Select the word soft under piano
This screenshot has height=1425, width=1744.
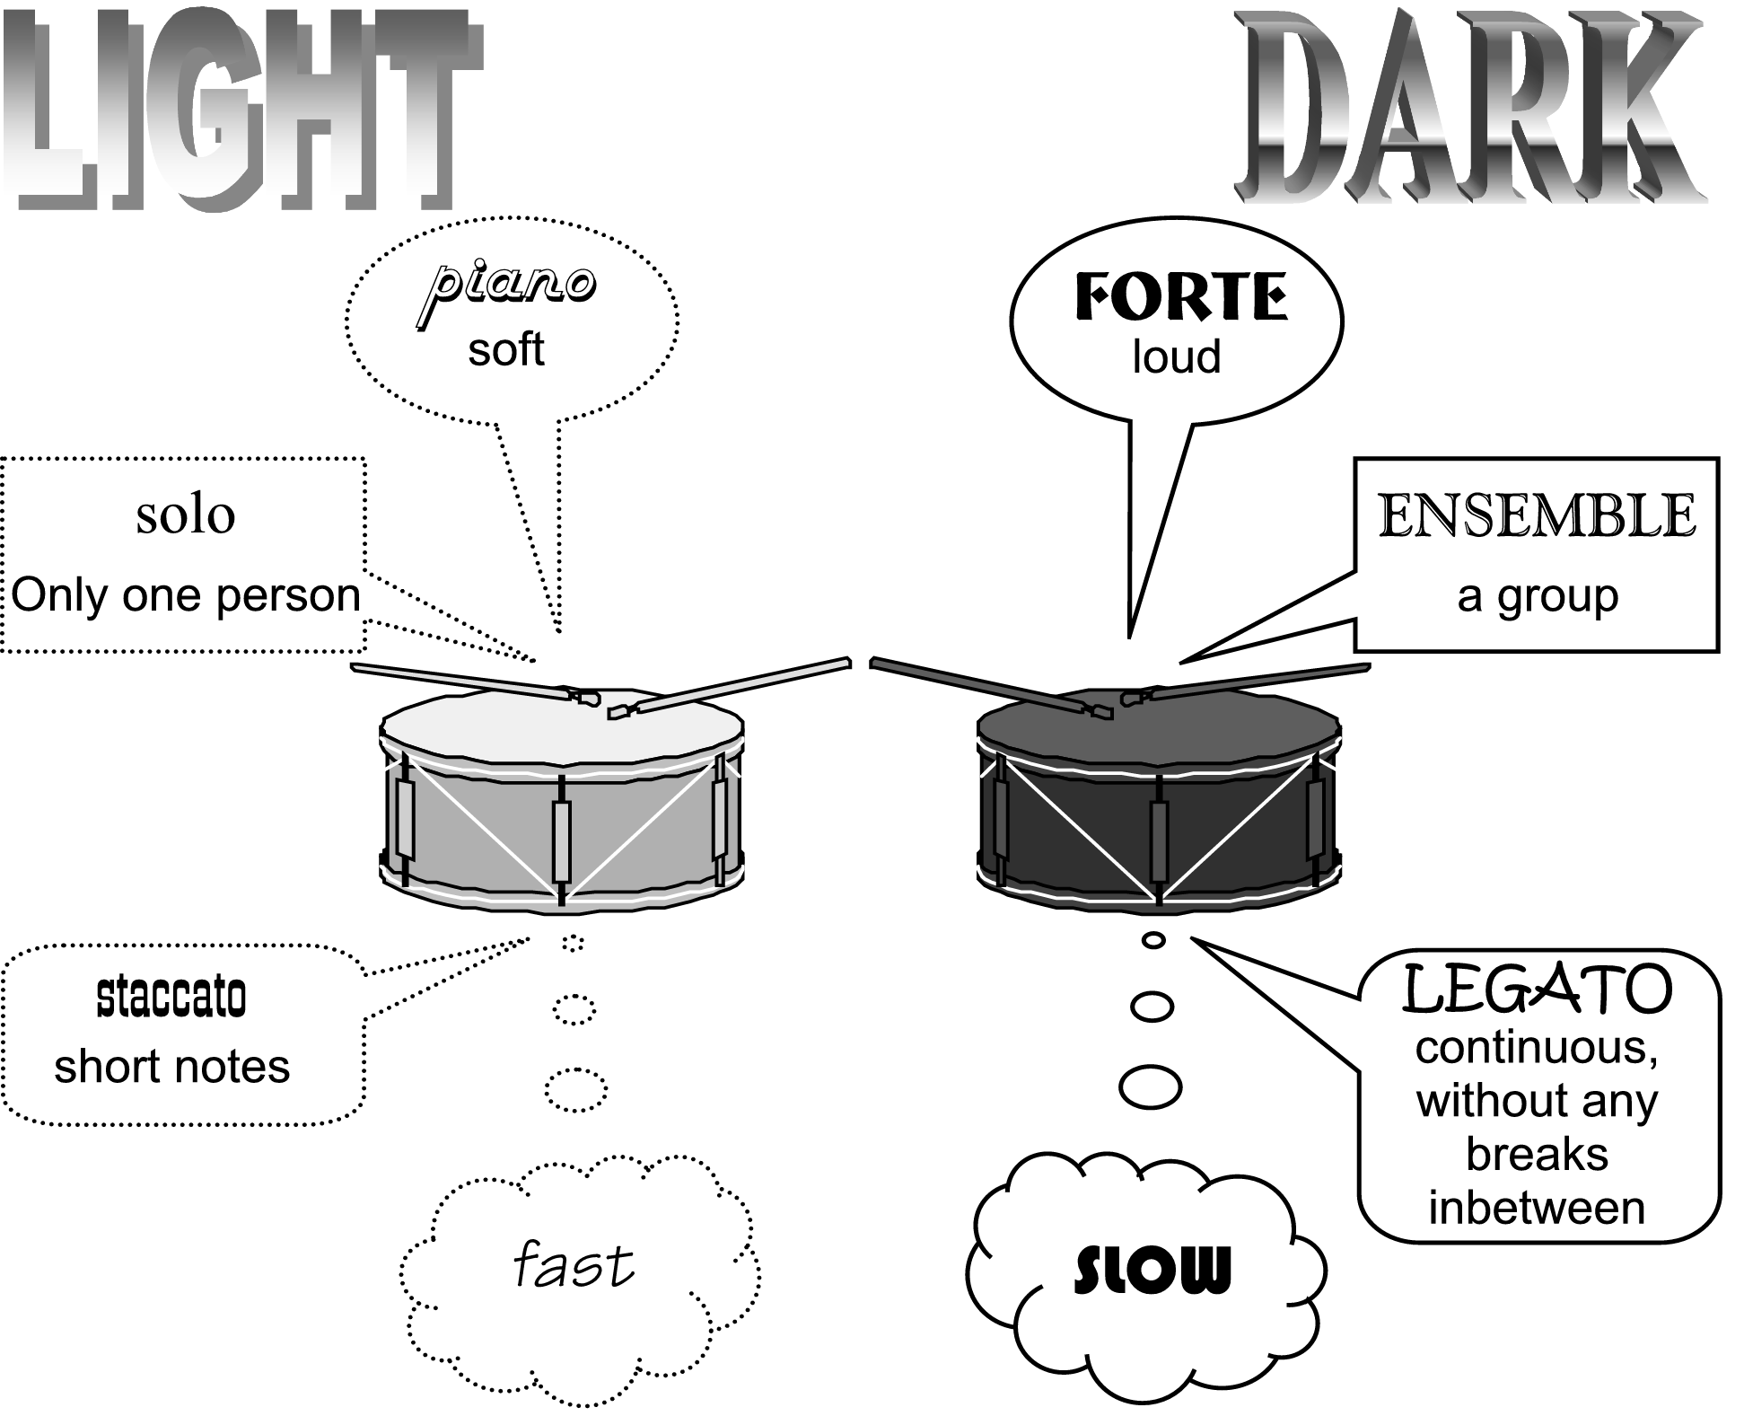506,349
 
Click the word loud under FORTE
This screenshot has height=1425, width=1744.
1177,356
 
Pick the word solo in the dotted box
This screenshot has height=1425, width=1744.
186,515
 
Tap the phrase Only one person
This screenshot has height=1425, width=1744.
186,595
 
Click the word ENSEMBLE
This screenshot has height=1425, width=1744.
1537,515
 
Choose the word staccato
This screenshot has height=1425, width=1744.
171,997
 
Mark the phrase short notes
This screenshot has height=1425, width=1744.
171,1067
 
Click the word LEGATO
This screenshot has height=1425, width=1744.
1538,989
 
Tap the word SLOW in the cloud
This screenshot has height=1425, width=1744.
1152,1270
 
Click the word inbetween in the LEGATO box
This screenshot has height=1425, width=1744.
1537,1209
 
